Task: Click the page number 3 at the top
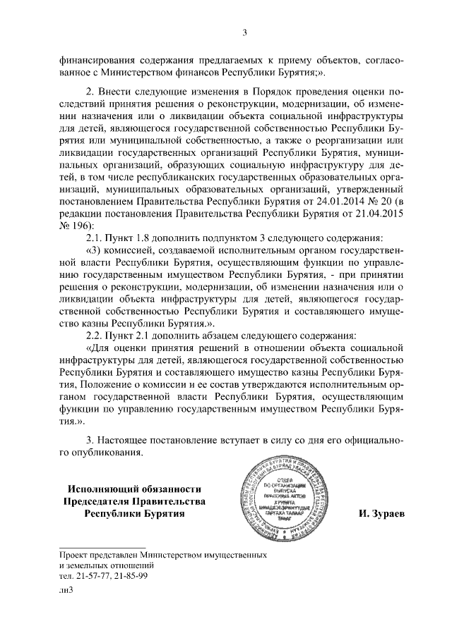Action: (x=244, y=32)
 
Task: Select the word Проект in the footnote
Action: (x=75, y=556)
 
